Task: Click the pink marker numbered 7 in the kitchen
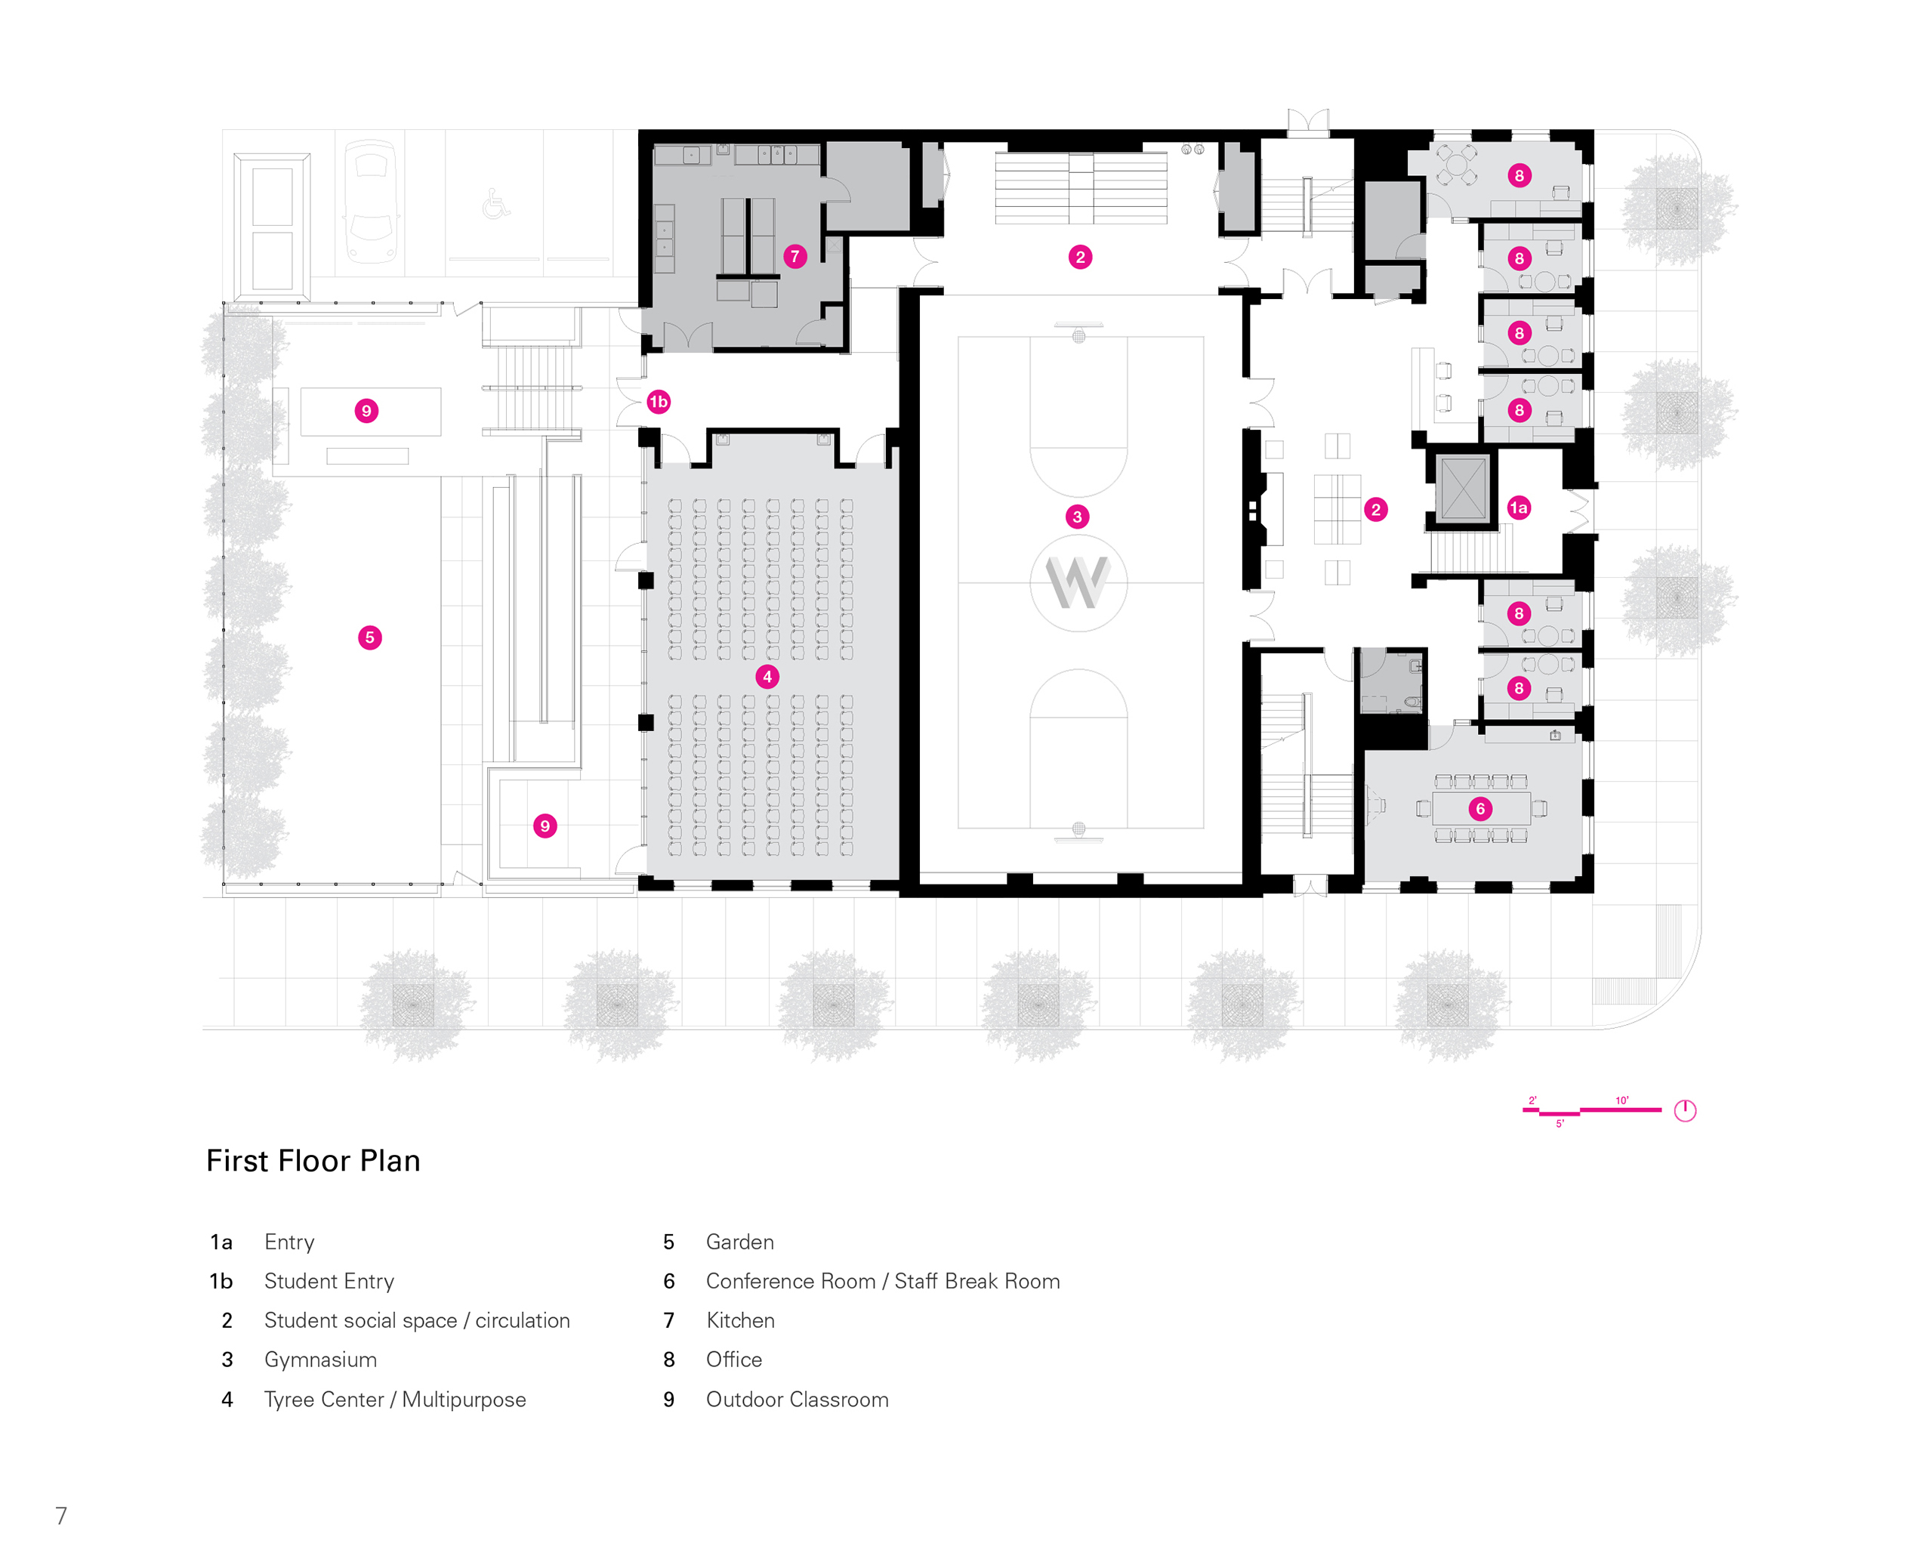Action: pyautogui.click(x=795, y=257)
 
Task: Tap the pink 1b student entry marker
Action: pyautogui.click(x=659, y=402)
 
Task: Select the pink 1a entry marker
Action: pyautogui.click(x=1518, y=508)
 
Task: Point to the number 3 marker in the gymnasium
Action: pyautogui.click(x=1077, y=517)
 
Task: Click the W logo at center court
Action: pyautogui.click(x=1078, y=582)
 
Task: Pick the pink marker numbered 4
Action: pyautogui.click(x=767, y=677)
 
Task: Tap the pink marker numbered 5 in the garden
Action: pyautogui.click(x=369, y=637)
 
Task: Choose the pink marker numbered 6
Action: pyautogui.click(x=1479, y=809)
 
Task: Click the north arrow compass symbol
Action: pyautogui.click(x=1684, y=1111)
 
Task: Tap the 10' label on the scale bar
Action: pyautogui.click(x=1622, y=1100)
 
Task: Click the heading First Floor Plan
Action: pyautogui.click(x=313, y=1162)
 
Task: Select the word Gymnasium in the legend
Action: pyautogui.click(x=321, y=1360)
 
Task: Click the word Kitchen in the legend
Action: pyautogui.click(x=739, y=1320)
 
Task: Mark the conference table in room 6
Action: pyautogui.click(x=1481, y=809)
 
